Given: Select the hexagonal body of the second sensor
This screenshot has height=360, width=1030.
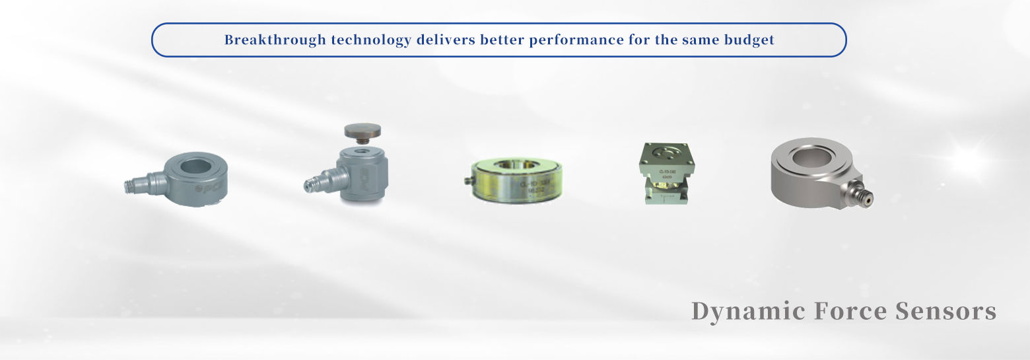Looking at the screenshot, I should tap(365, 174).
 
